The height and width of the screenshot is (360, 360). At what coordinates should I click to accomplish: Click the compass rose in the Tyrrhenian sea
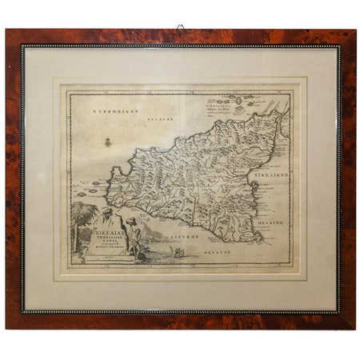point(105,142)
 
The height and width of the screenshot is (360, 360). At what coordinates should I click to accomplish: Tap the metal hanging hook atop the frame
point(181,27)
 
